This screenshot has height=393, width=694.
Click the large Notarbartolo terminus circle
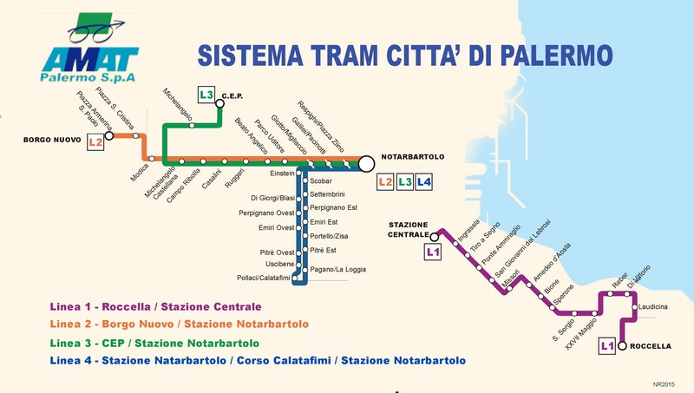coord(365,163)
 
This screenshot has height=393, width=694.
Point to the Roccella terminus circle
coord(622,346)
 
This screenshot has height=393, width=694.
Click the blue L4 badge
coord(423,182)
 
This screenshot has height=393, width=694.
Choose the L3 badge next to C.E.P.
coord(206,95)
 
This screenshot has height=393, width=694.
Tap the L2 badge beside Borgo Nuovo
coord(95,141)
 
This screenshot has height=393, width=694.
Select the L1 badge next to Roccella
coord(609,346)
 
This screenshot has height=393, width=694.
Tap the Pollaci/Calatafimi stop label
coord(263,278)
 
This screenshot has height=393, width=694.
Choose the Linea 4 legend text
coord(258,360)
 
